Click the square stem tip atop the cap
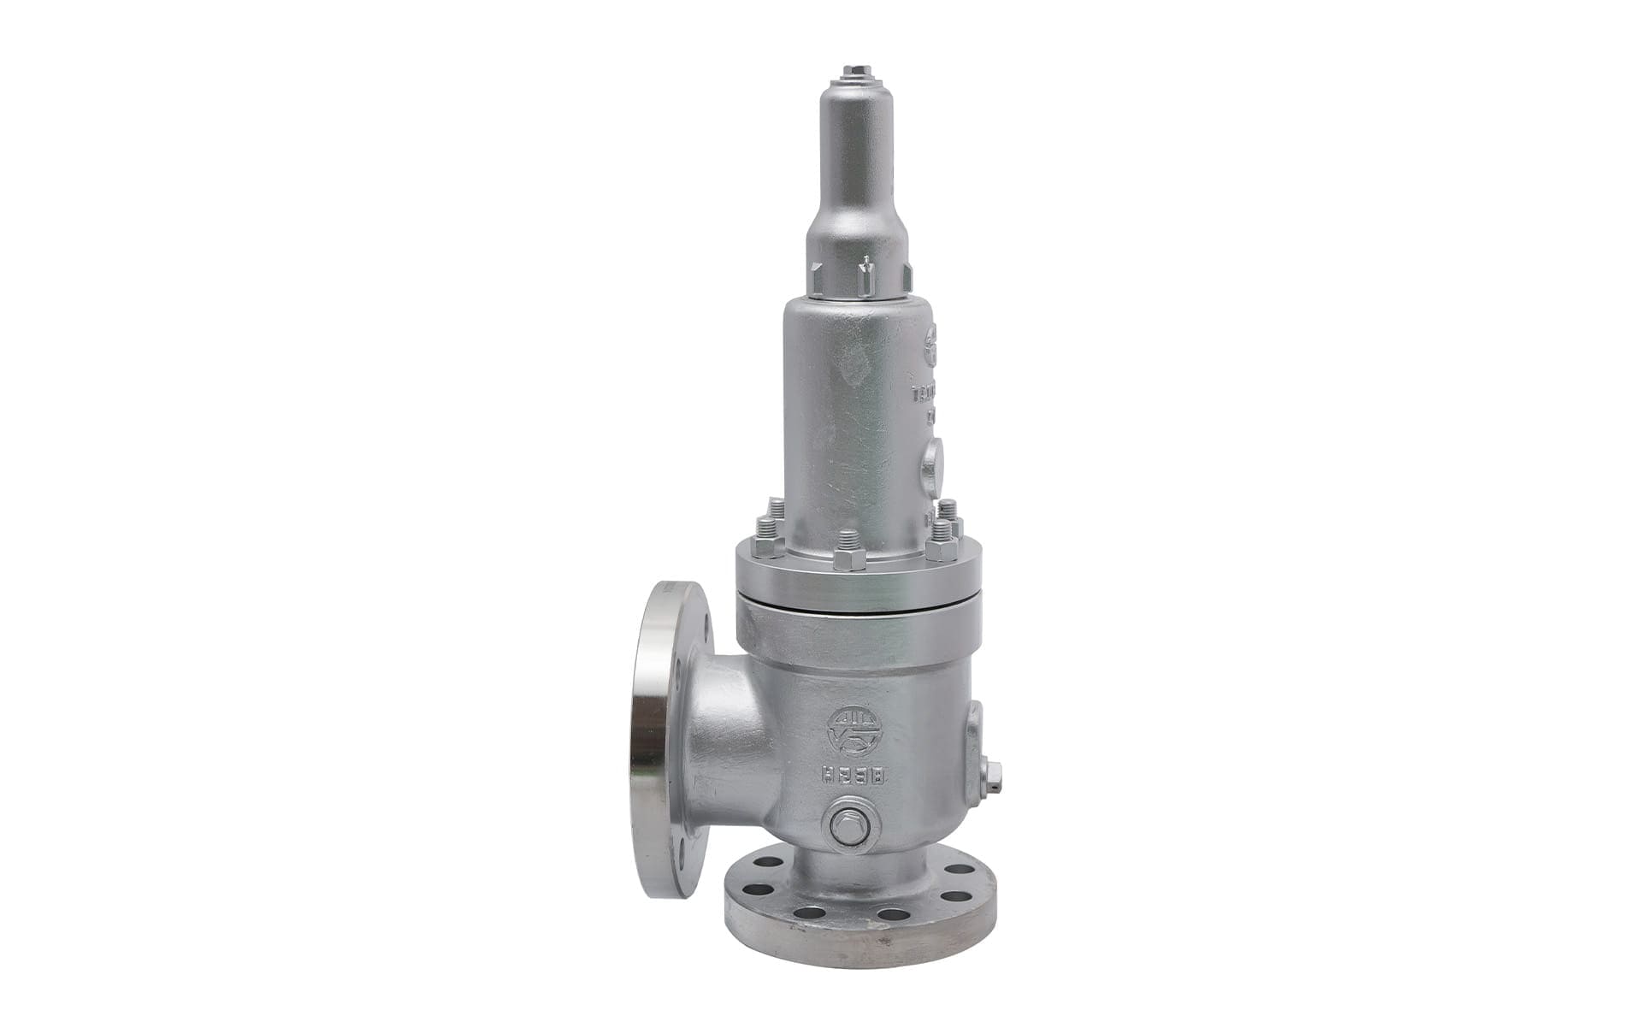click(x=856, y=71)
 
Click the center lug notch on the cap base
click(x=866, y=275)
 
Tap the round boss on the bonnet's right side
click(x=933, y=466)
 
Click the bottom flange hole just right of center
click(x=894, y=914)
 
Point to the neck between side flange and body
click(x=727, y=744)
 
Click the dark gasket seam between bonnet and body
click(x=855, y=608)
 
